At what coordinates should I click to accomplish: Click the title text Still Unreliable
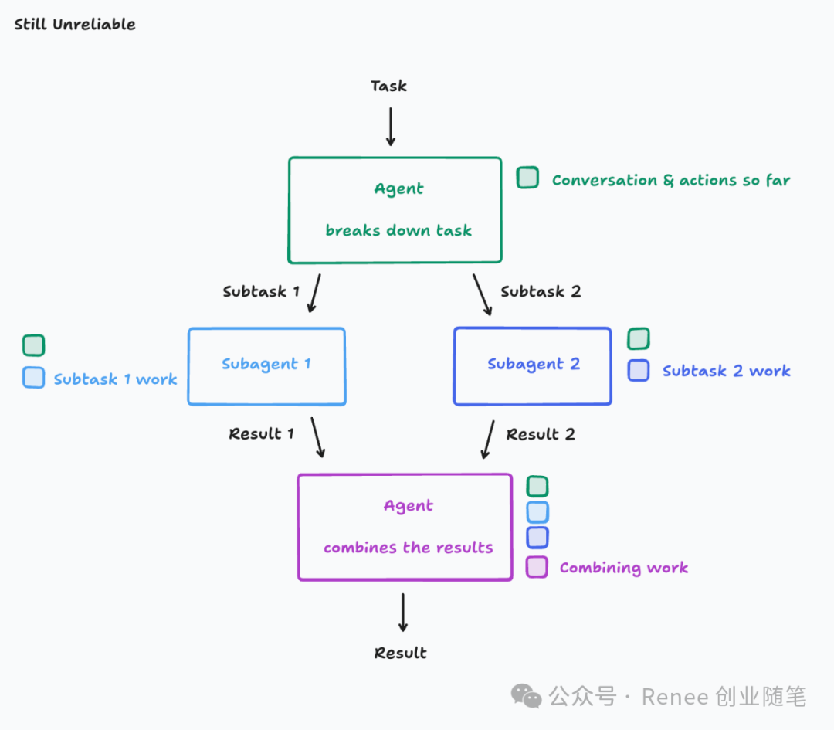75,24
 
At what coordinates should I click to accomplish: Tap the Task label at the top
388,86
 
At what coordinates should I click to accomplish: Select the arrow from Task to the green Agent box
391,126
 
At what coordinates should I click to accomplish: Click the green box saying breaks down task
395,210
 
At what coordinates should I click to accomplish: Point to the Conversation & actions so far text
670,180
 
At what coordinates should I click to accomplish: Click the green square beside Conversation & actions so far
527,178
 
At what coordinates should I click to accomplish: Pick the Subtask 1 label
261,291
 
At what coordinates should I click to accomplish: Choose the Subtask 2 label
541,291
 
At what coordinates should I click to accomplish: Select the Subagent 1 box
266,366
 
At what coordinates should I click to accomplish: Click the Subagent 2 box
532,366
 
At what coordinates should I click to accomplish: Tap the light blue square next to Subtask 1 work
34,377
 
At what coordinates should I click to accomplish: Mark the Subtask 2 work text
726,371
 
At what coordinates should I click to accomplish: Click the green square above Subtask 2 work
639,338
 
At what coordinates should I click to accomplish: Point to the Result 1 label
261,433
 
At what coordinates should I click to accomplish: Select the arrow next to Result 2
488,439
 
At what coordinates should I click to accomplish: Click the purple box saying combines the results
405,527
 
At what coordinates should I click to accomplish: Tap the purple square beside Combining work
537,567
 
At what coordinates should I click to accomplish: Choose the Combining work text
623,568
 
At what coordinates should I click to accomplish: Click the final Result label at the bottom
400,653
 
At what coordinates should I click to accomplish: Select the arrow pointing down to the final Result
402,613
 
